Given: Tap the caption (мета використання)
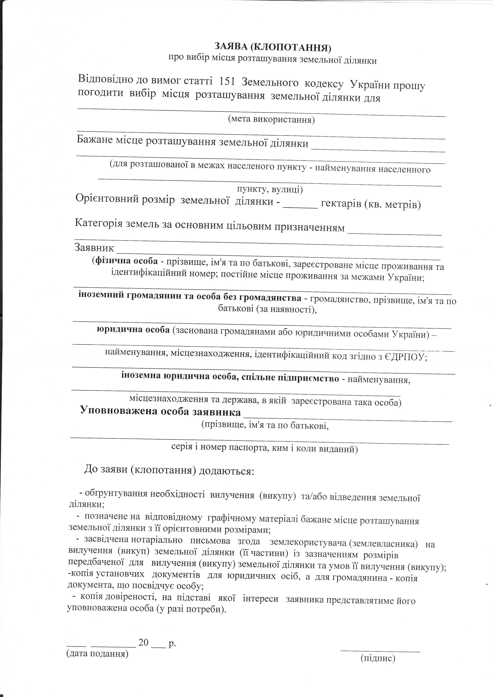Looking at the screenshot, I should tap(271, 120).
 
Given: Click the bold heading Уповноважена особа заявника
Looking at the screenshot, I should tap(160, 412).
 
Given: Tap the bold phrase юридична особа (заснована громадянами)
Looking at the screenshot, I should tap(133, 330).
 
